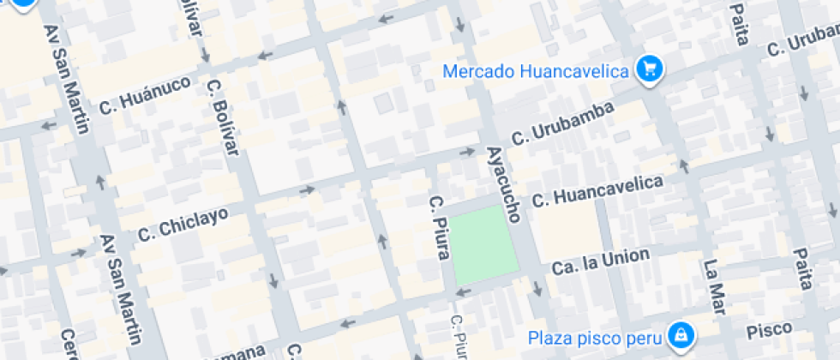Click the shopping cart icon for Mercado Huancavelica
[x=650, y=69]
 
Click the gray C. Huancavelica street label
[x=597, y=191]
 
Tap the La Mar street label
[x=716, y=286]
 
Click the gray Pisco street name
[x=770, y=329]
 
